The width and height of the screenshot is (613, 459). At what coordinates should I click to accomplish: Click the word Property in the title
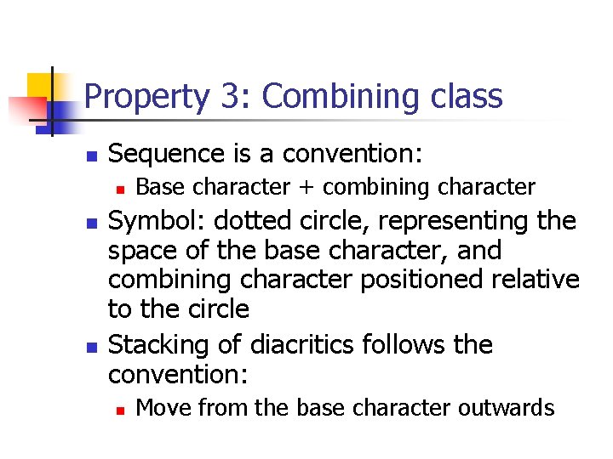pyautogui.click(x=146, y=98)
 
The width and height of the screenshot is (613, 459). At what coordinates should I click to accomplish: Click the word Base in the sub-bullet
pyautogui.click(x=156, y=186)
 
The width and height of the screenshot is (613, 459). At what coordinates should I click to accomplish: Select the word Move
pyautogui.click(x=159, y=408)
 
